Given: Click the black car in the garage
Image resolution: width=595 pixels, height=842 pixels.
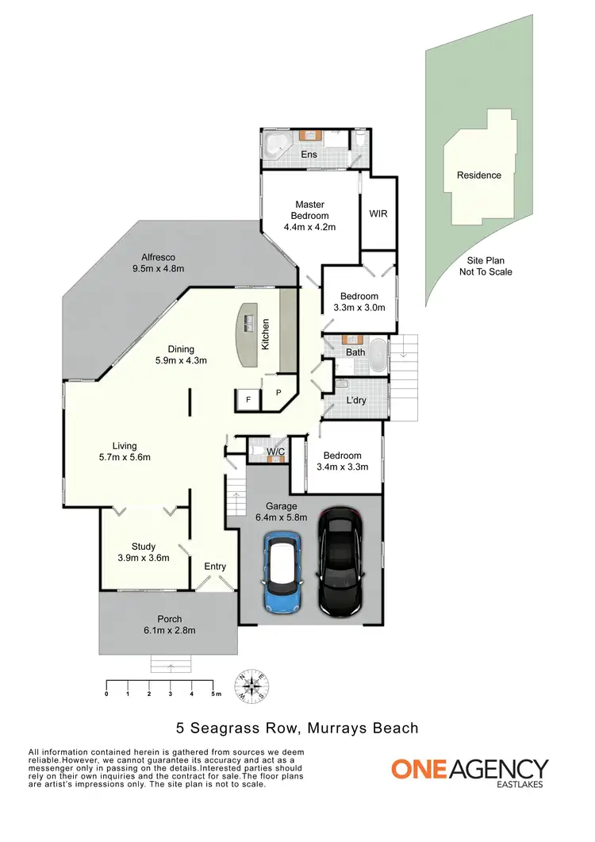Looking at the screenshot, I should pos(340,562).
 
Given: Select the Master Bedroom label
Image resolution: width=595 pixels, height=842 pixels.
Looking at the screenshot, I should pos(309,216).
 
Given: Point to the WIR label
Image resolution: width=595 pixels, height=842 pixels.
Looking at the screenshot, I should pos(378,214).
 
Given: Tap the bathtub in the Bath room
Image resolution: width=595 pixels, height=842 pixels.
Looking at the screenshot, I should pos(378,356).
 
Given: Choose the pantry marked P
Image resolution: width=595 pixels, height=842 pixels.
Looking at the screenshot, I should pos(278,393).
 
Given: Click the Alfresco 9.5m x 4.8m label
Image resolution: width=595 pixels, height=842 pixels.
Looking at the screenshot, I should pos(158,263).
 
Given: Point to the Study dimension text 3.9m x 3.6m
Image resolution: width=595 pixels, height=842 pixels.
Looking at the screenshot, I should pos(144,558).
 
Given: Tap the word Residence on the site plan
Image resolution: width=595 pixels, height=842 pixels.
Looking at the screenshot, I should pos(478,175).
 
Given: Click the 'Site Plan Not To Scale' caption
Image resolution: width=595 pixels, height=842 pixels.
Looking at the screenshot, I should pos(486,266).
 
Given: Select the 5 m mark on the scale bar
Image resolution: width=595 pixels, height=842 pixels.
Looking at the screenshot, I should pos(215,694).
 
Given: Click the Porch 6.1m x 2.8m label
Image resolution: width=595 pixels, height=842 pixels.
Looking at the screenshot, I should pos(170,625).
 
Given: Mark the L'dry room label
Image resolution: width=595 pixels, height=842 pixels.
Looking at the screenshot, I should pos(356,401).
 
